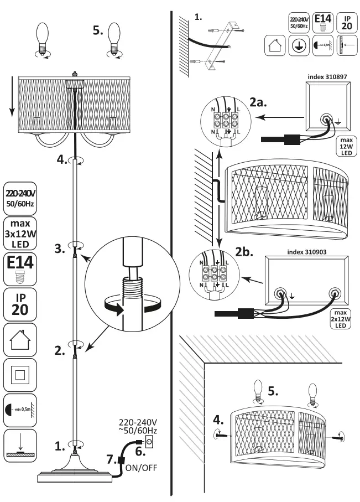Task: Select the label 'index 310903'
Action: [x=310, y=251]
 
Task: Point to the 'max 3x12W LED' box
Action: [x=20, y=232]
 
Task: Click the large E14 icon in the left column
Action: [x=20, y=267]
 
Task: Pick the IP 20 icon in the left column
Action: [x=20, y=302]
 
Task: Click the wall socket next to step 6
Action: [x=148, y=442]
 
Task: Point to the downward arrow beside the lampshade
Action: [x=11, y=101]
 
